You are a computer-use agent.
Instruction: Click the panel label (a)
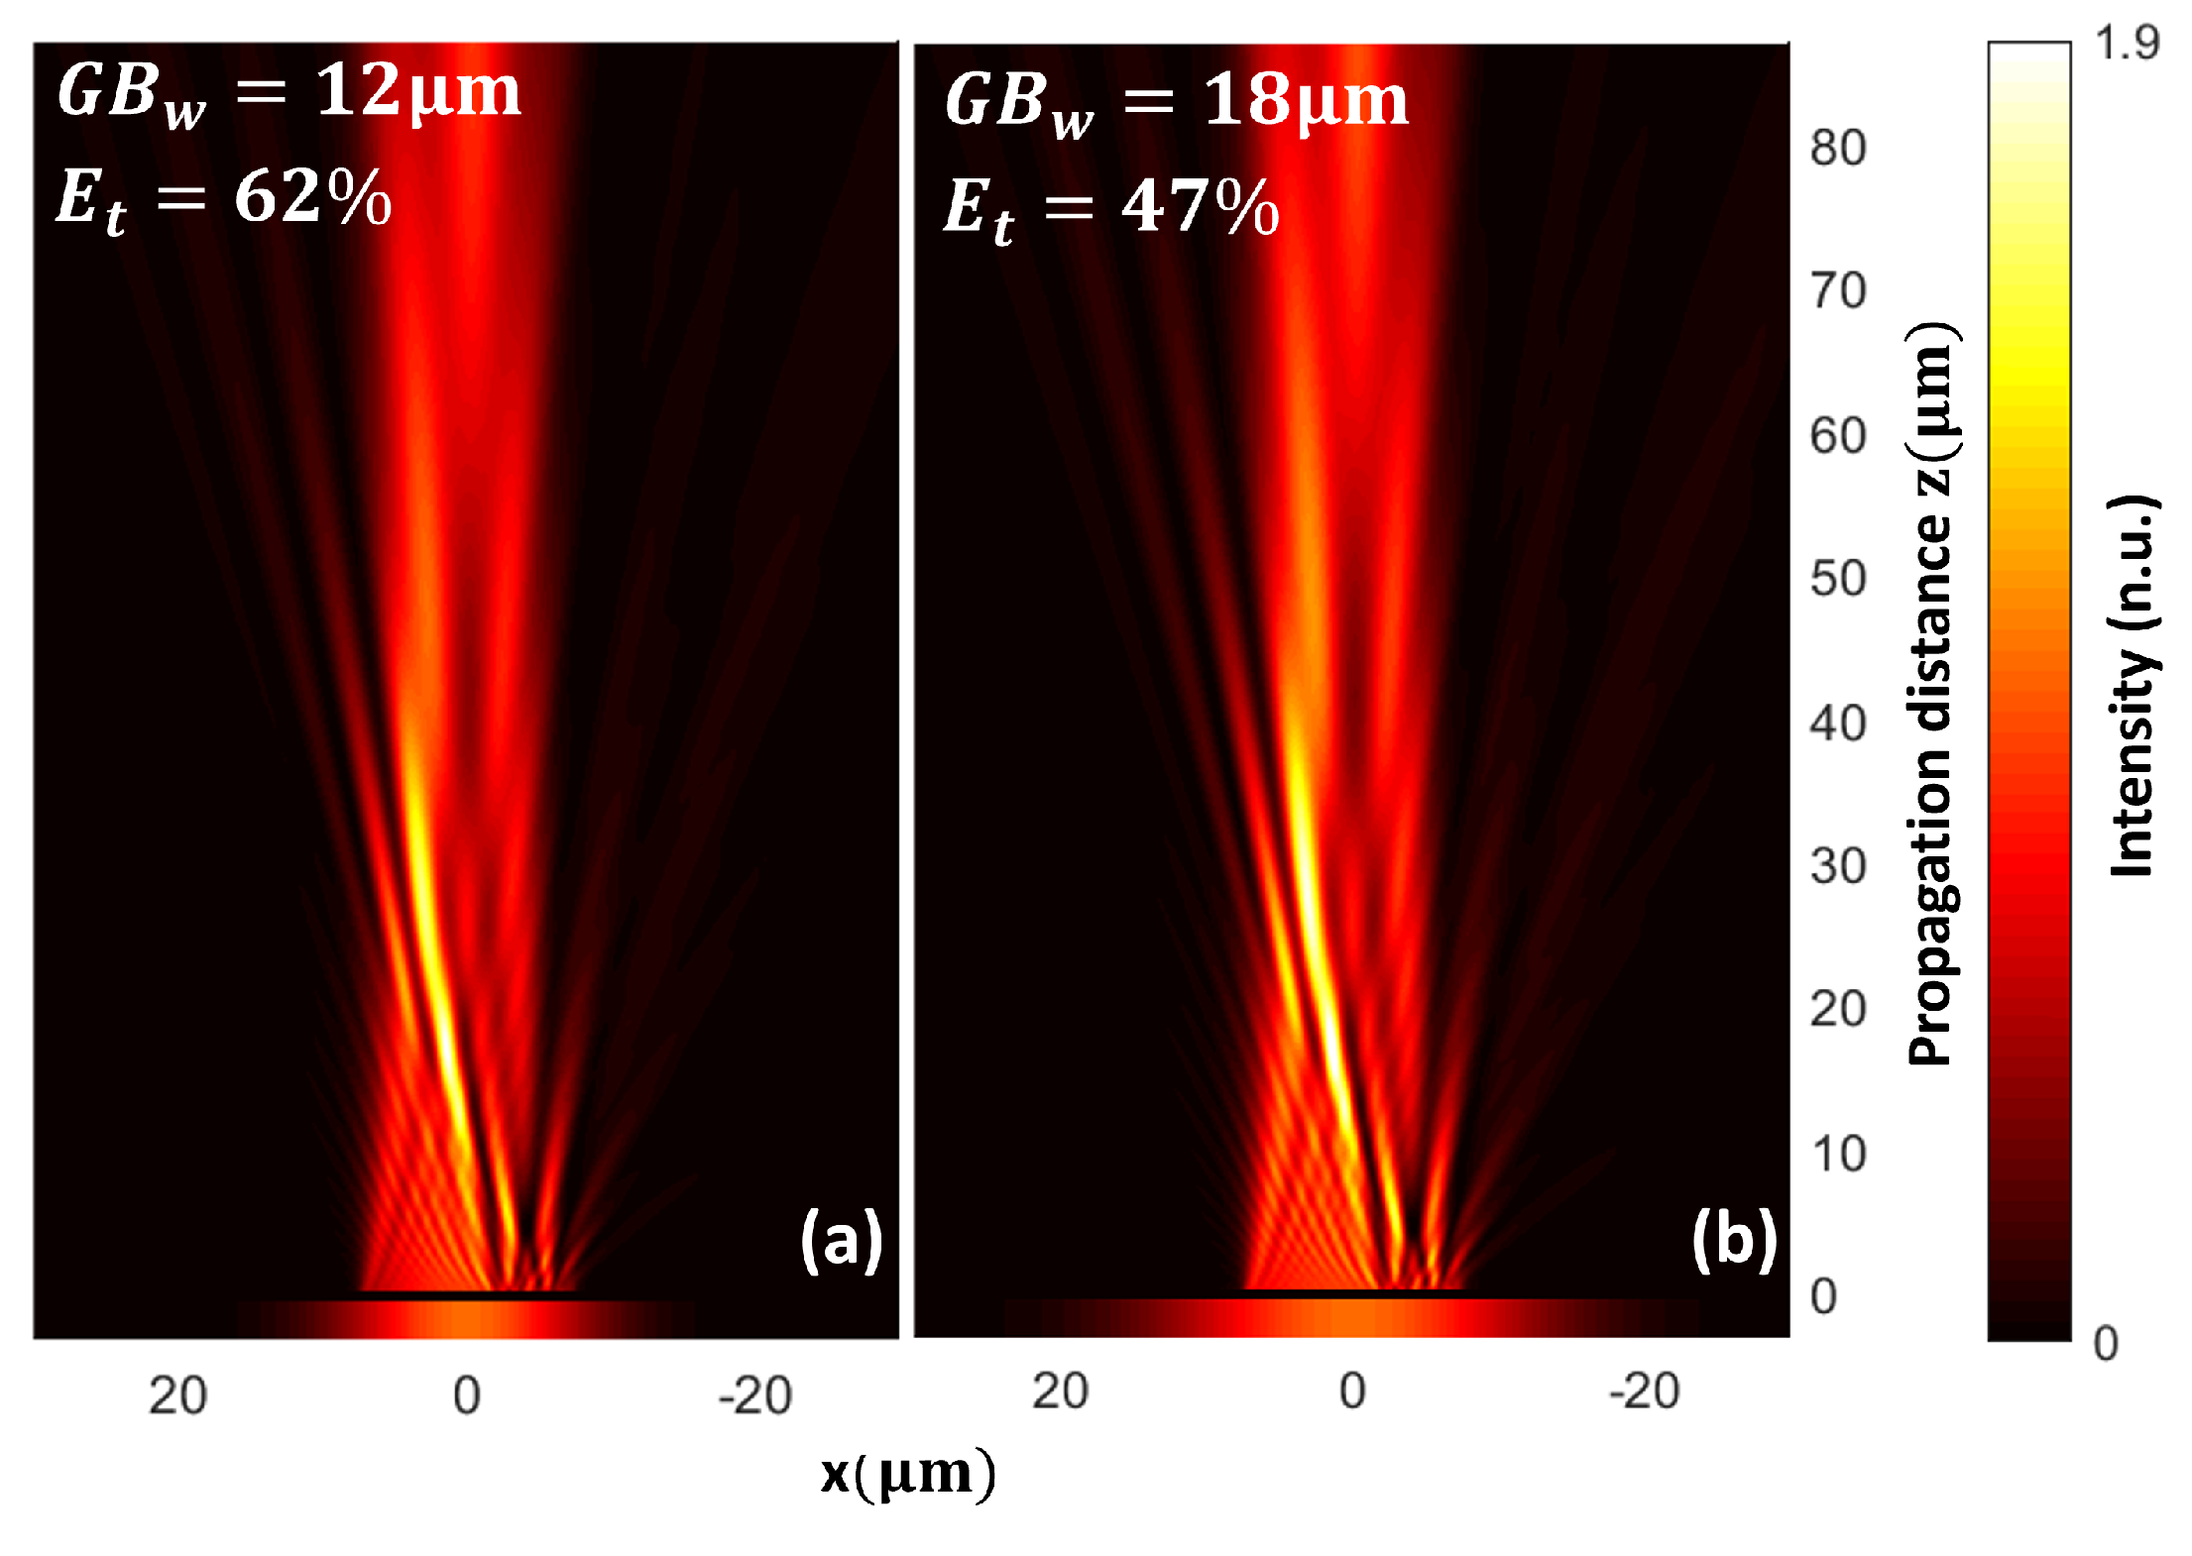(841, 1239)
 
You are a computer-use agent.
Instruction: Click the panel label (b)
(1734, 1239)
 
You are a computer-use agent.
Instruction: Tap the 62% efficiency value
(312, 197)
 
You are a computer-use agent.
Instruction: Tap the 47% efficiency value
(1200, 207)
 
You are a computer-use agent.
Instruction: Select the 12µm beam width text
(417, 91)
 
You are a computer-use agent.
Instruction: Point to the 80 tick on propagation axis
(1837, 149)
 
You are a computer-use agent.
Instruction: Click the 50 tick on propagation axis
(1837, 579)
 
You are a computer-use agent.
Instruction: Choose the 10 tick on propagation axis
(1837, 1155)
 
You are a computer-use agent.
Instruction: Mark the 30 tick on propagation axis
(1837, 866)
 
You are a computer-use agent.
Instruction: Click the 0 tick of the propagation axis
(1823, 1296)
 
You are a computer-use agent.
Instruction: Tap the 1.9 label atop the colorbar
(2126, 43)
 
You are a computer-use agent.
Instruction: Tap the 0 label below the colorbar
(2105, 1344)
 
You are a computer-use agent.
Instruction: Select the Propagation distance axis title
(1930, 694)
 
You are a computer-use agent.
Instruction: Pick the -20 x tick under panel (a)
(754, 1396)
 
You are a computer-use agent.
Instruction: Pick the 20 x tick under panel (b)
(1060, 1391)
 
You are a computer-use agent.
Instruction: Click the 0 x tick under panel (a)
(467, 1396)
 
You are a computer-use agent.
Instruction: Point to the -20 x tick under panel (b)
(1644, 1391)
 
